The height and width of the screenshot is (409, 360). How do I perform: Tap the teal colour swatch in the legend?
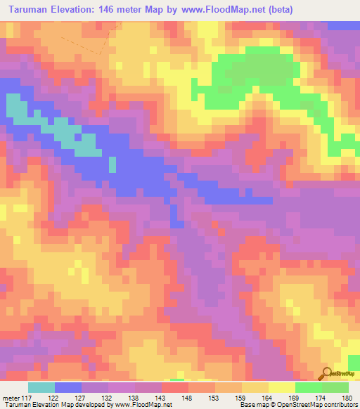[41, 387]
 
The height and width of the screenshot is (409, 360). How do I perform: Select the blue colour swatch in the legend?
[67, 387]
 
